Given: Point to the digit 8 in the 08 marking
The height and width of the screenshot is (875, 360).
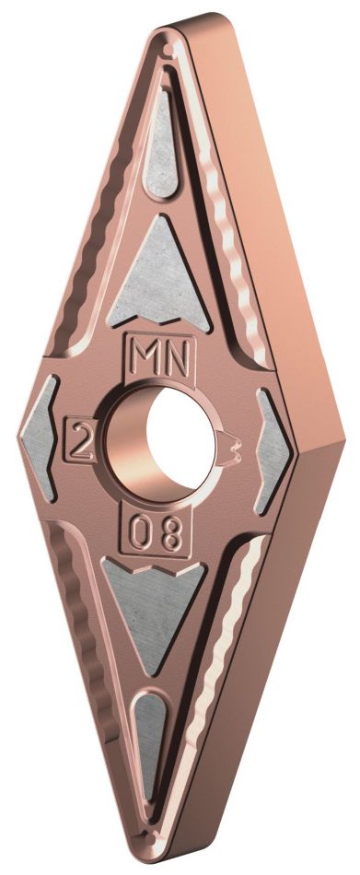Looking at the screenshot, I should pyautogui.click(x=172, y=535).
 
